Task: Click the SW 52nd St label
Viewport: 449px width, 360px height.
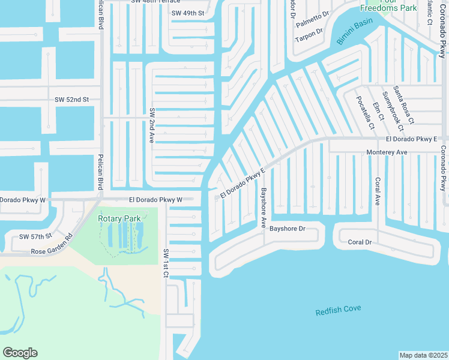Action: (71, 100)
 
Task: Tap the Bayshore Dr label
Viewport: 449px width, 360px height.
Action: (288, 229)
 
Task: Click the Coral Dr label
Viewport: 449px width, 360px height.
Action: (360, 242)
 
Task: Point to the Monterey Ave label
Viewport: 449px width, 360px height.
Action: (387, 153)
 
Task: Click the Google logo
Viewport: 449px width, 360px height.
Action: (20, 353)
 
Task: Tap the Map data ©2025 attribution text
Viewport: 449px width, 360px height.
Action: (423, 355)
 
